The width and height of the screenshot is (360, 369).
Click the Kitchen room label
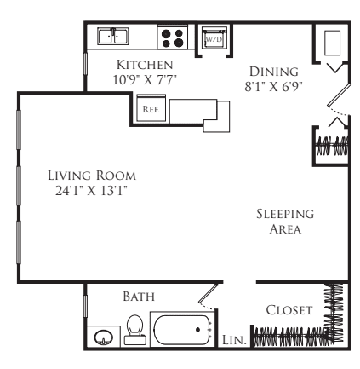click(x=145, y=65)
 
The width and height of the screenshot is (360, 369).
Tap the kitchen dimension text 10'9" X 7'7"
click(x=145, y=80)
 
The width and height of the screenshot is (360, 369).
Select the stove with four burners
click(x=172, y=37)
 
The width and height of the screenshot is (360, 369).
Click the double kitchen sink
click(x=113, y=36)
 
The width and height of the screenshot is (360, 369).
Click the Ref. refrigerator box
click(x=151, y=108)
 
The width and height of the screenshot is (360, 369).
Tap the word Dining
click(x=274, y=72)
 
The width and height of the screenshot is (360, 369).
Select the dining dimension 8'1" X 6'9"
click(x=274, y=87)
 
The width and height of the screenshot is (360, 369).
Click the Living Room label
click(x=92, y=176)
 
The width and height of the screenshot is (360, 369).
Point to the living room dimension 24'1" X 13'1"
click(x=91, y=191)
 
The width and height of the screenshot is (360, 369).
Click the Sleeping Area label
click(x=285, y=222)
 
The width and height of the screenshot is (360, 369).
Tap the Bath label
click(x=139, y=297)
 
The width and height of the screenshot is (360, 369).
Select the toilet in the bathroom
click(x=134, y=330)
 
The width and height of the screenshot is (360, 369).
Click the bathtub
click(x=182, y=330)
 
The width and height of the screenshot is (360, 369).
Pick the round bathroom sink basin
click(x=103, y=337)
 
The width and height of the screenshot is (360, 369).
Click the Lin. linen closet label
click(x=234, y=340)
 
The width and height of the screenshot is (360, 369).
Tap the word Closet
click(x=289, y=310)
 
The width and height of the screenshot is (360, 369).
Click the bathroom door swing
click(x=208, y=297)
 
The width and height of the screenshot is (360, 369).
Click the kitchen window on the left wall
click(x=85, y=64)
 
